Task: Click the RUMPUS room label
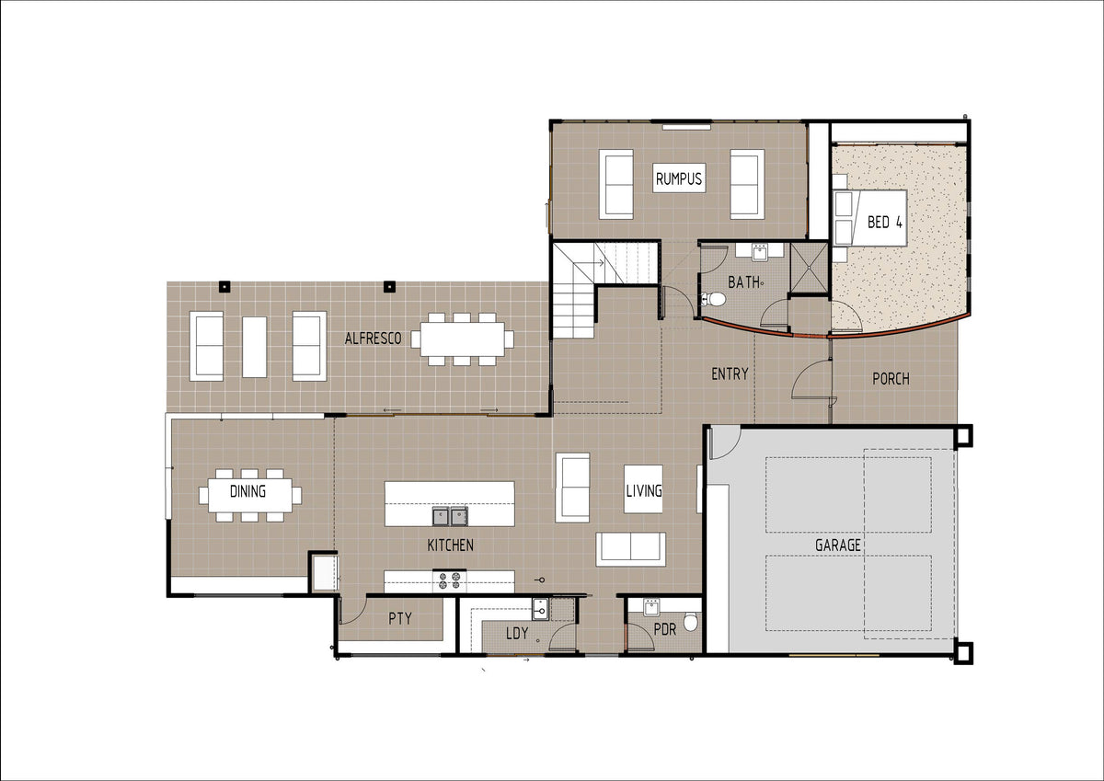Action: (679, 178)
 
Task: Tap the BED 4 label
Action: (885, 223)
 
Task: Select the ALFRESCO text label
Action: (374, 339)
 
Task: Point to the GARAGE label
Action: (838, 545)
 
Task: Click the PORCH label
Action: (891, 379)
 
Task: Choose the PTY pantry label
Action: (400, 618)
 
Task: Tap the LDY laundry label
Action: (517, 633)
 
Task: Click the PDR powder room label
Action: (665, 629)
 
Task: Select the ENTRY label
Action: (730, 374)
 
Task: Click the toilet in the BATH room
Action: (713, 299)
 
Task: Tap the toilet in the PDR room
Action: (692, 622)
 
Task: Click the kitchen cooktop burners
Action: (450, 580)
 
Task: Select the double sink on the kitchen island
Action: (451, 516)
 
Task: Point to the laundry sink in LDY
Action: (540, 610)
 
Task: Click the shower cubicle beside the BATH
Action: (810, 268)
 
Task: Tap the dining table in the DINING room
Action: (250, 495)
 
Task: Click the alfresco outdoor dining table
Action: (462, 339)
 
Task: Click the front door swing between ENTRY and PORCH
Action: (811, 379)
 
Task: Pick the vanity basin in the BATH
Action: (760, 252)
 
